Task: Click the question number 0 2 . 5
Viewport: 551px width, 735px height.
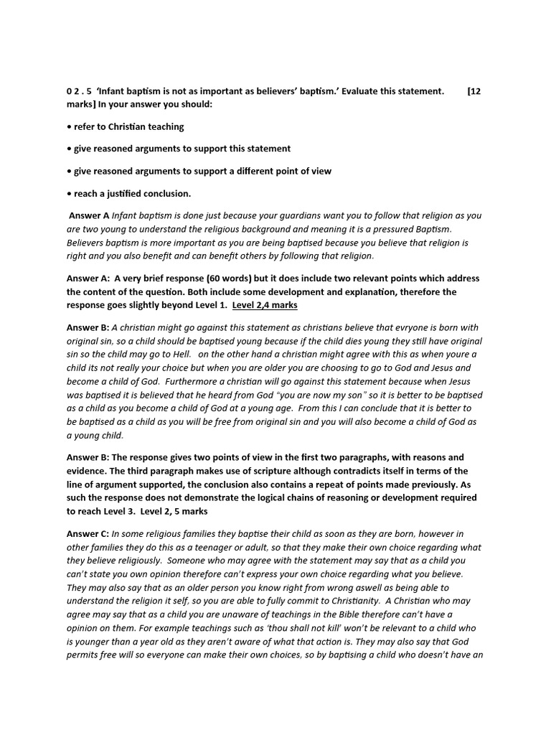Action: pos(81,91)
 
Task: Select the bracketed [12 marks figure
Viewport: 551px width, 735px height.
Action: pos(474,91)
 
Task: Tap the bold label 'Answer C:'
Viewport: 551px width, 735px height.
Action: pos(88,533)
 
